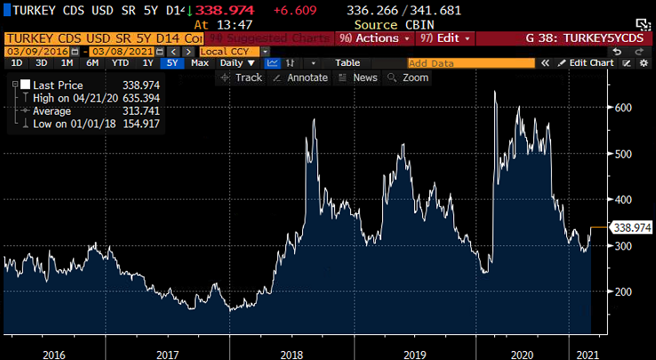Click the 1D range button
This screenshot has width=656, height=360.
pyautogui.click(x=15, y=63)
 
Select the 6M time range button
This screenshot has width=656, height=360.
pyautogui.click(x=92, y=63)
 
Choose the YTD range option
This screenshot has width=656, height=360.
pyautogui.click(x=120, y=63)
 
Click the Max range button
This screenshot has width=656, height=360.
pyautogui.click(x=200, y=63)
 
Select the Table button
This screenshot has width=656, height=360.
pyautogui.click(x=348, y=63)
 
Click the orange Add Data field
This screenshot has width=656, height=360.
pyautogui.click(x=470, y=63)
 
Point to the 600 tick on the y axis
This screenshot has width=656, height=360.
pyautogui.click(x=624, y=108)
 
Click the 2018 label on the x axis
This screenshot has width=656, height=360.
pyautogui.click(x=291, y=354)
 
